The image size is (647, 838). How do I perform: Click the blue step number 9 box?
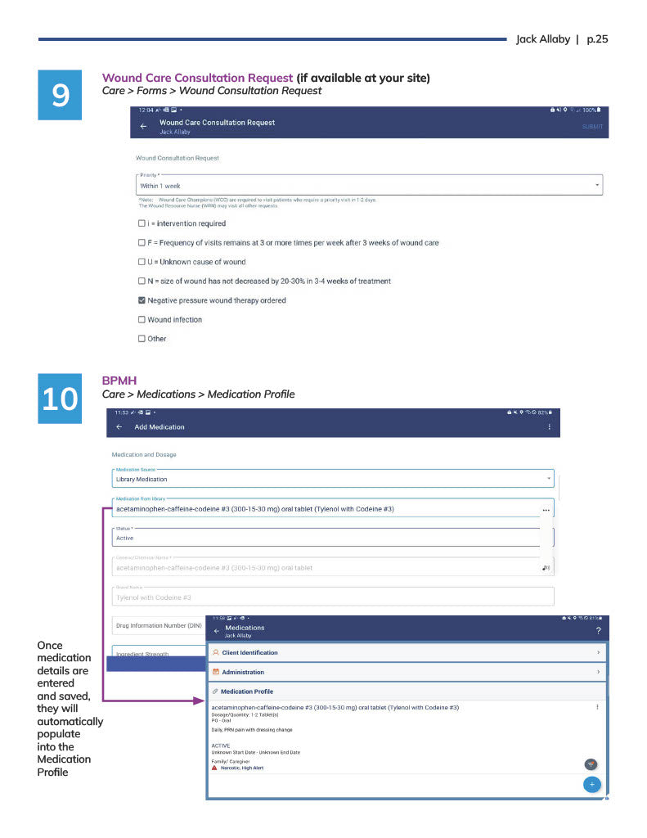coord(61,97)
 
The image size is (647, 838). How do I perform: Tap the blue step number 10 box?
coord(61,399)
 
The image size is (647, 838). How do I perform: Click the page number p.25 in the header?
coord(597,39)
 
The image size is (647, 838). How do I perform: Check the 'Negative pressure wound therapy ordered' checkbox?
coord(142,300)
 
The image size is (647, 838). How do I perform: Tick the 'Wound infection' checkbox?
coord(142,320)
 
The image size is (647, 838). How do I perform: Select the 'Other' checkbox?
coord(142,339)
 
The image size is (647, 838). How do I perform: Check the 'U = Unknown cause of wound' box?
coord(142,262)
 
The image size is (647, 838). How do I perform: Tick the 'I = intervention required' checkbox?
coord(142,223)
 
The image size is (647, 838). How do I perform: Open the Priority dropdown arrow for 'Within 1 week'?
coord(597,186)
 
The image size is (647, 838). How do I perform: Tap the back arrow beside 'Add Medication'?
coord(119,427)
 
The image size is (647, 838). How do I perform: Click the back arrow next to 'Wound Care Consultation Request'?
coord(143,127)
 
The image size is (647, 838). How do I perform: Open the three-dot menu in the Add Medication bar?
coord(549,427)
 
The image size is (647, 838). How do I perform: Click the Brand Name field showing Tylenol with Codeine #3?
coord(327,597)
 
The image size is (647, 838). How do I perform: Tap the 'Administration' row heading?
coord(243,672)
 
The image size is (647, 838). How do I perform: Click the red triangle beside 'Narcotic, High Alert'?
coord(214,768)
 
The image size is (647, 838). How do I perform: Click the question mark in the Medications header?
coord(598,630)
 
